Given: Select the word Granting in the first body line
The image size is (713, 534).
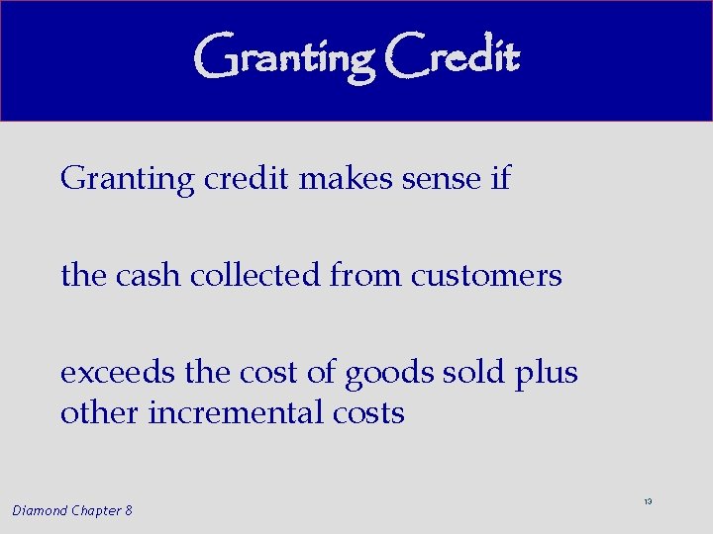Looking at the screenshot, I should [128, 180].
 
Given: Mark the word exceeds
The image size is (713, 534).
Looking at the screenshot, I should [118, 374].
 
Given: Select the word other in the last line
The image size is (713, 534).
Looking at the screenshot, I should [100, 411].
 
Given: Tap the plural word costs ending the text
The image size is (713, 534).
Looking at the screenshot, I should [370, 411].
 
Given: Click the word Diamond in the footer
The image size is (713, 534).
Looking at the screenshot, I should [42, 510].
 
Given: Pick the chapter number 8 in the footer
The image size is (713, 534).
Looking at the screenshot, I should [129, 510].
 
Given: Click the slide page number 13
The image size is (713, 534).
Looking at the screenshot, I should [648, 502].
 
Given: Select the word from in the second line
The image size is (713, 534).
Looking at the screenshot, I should [366, 275].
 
